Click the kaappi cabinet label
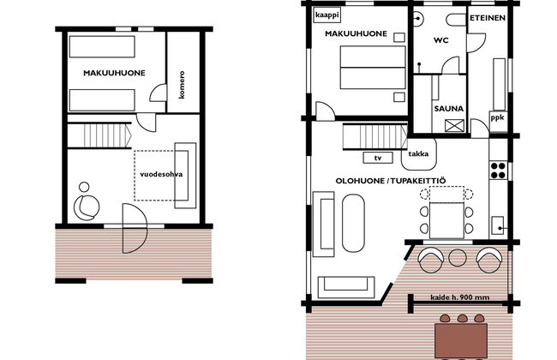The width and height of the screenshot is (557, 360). tap(327, 15)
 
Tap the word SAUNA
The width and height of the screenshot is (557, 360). tap(449, 109)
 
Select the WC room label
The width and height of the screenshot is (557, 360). tap(440, 40)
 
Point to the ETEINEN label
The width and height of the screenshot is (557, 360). tap(488, 18)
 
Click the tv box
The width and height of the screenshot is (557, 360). tap(378, 158)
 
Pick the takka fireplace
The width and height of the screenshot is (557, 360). tap(418, 153)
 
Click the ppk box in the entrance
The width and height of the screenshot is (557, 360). tap(498, 117)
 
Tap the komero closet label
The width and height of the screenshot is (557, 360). tap(182, 85)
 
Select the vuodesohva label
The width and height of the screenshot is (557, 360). tap(161, 174)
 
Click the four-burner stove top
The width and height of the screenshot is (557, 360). tap(499, 171)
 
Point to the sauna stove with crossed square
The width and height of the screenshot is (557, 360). tap(454, 125)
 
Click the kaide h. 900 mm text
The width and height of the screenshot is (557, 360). tap(459, 297)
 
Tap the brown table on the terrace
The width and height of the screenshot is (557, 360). tap(461, 340)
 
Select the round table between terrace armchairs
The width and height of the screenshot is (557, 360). tap(458, 258)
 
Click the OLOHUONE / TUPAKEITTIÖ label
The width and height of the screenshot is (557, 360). tap(391, 181)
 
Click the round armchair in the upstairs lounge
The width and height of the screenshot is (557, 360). tap(87, 207)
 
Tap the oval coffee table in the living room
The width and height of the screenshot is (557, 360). tap(353, 223)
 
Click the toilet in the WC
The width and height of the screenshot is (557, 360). tap(456, 20)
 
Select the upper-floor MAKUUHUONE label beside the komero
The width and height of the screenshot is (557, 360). tap(114, 73)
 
